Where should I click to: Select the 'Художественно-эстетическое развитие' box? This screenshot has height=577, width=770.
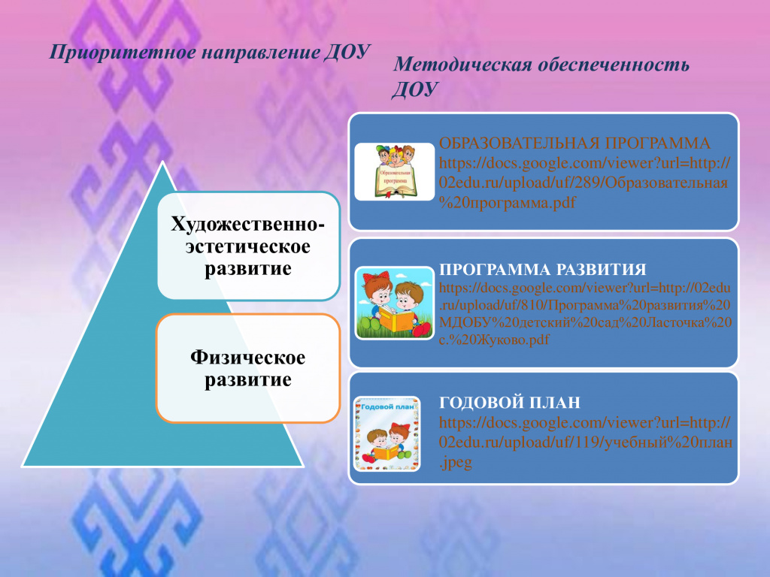click(248, 246)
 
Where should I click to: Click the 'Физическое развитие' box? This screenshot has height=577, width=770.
click(248, 368)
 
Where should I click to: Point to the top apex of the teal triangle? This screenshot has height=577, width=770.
click(162, 162)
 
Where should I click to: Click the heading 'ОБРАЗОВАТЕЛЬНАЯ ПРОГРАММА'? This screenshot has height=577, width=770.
click(574, 143)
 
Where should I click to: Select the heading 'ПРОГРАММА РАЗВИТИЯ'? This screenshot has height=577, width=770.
click(543, 270)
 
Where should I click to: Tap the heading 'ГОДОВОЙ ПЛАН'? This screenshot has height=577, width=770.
click(510, 403)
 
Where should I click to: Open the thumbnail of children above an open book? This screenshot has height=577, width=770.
click(395, 172)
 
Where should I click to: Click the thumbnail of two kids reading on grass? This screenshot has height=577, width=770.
click(395, 304)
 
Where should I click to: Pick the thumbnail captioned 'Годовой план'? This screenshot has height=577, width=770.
click(387, 434)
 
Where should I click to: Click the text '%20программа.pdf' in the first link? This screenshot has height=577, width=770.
click(507, 202)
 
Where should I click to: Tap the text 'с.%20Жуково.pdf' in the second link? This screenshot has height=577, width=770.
click(494, 340)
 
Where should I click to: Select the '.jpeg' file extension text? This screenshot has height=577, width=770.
click(455, 463)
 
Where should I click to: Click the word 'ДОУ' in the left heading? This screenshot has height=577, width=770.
click(347, 52)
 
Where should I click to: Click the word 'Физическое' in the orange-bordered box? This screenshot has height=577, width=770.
click(247, 357)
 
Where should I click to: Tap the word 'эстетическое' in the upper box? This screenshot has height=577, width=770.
click(248, 246)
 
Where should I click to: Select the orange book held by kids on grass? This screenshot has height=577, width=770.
click(396, 320)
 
